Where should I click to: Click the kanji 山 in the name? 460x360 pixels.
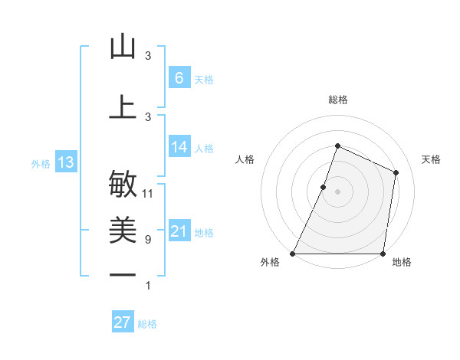click(123, 47)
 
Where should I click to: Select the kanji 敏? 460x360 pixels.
click(123, 184)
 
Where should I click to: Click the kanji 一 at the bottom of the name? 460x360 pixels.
click(123, 273)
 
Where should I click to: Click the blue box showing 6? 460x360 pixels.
click(179, 77)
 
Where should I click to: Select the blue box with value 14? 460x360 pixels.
click(179, 147)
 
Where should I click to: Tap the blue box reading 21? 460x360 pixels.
click(179, 231)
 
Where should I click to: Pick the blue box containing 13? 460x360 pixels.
click(65, 162)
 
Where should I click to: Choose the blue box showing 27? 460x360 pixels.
click(123, 322)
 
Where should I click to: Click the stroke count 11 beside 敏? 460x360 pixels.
click(148, 194)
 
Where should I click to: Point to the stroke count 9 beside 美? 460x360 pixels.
click(147, 240)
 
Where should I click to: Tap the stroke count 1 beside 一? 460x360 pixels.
click(147, 286)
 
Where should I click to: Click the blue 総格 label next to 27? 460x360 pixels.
click(147, 324)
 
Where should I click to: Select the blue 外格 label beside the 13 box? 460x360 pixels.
click(40, 163)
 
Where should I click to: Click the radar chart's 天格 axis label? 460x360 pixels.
click(431, 159)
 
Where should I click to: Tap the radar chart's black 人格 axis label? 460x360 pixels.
click(245, 159)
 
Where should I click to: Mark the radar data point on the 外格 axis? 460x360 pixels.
click(293, 254)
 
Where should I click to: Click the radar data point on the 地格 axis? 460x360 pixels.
click(383, 254)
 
